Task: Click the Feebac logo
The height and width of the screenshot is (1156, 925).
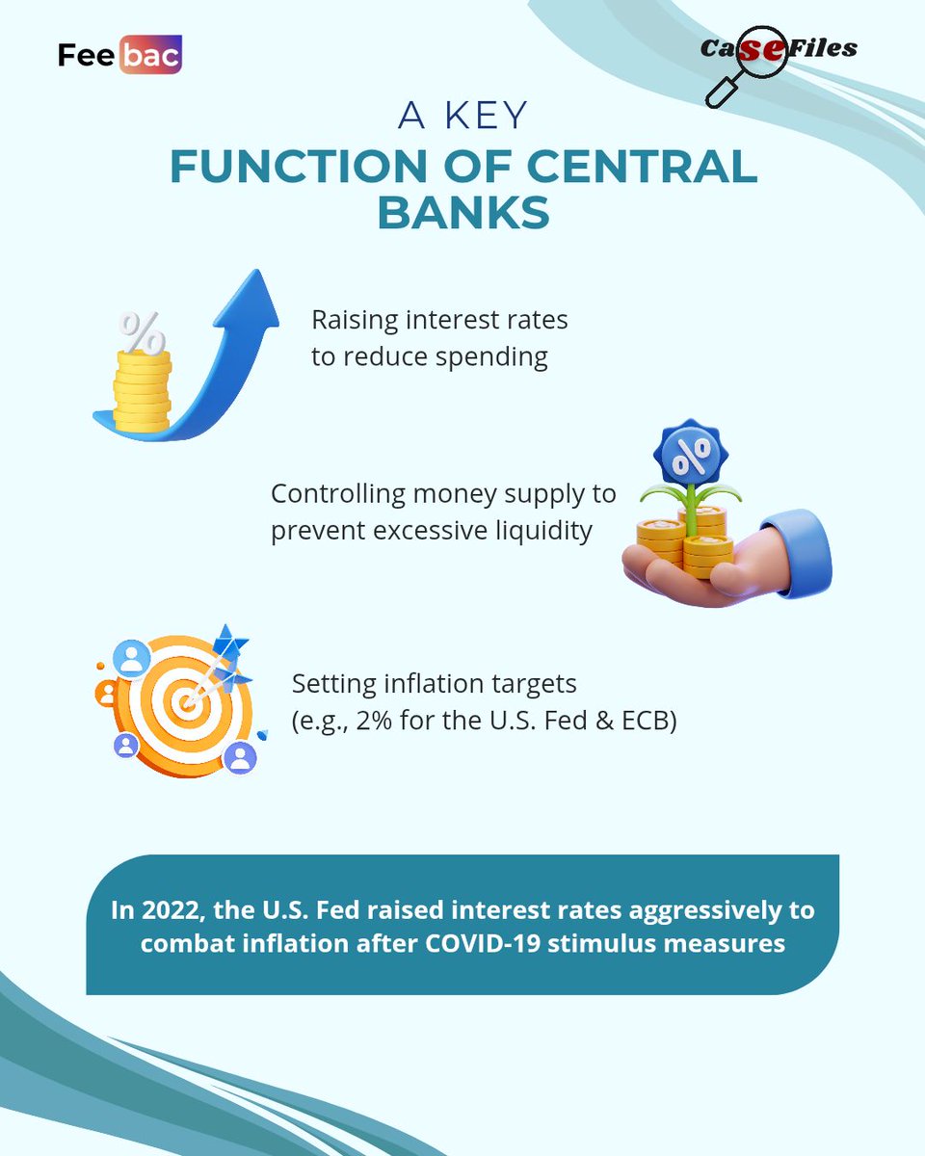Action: (x=119, y=56)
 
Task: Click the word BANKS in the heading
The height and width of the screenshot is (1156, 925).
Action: (x=462, y=213)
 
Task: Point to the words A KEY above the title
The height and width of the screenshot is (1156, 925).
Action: (x=462, y=116)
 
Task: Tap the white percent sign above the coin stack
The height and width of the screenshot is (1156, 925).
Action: (x=142, y=332)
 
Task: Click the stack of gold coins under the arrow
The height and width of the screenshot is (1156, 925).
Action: (x=142, y=390)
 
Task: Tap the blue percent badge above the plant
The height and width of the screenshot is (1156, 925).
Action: (x=692, y=454)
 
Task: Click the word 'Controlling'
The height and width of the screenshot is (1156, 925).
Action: (x=340, y=494)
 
